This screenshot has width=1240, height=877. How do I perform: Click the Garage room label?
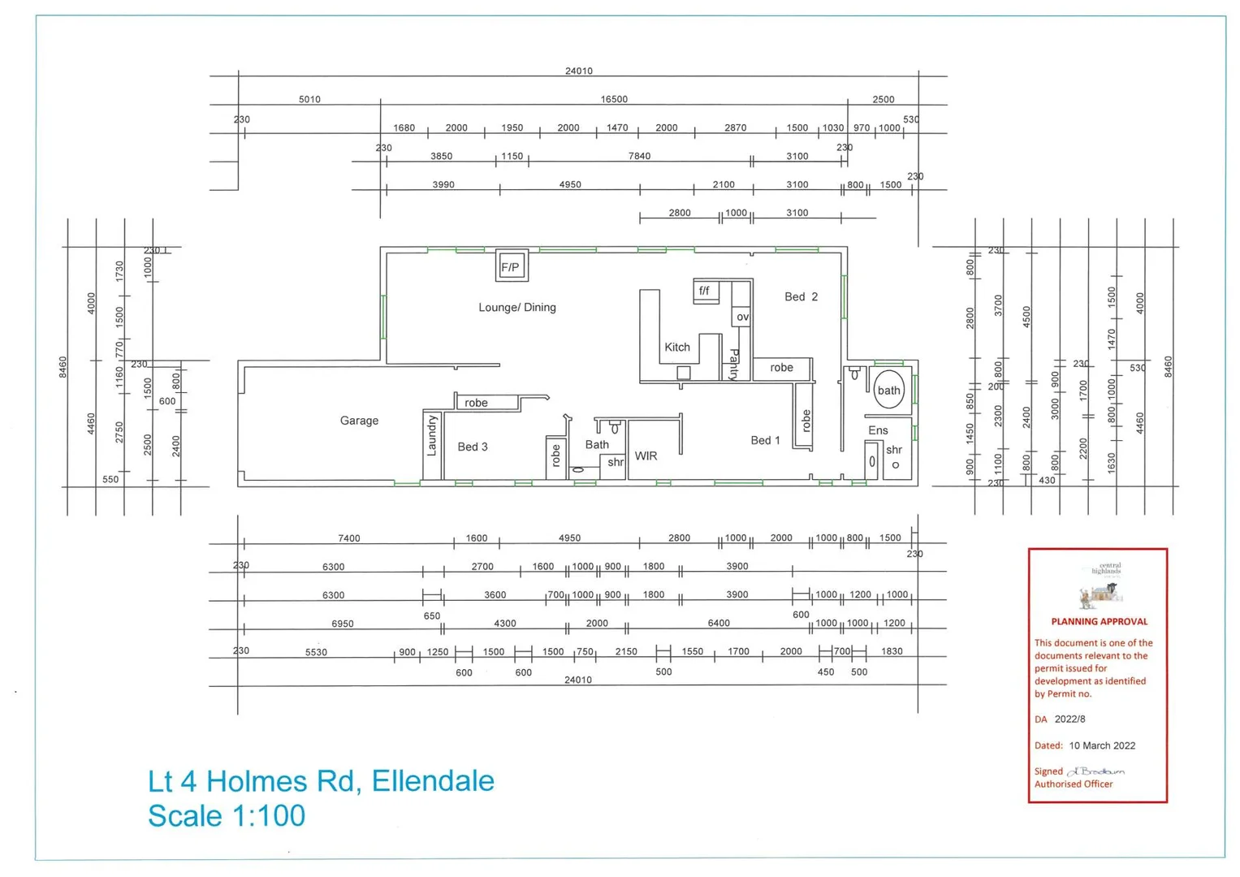(359, 421)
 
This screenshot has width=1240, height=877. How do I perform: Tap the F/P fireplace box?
(512, 266)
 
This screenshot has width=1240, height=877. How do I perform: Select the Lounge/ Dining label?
(517, 308)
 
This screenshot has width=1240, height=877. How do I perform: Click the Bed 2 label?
(801, 297)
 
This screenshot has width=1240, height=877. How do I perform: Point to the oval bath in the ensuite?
(889, 390)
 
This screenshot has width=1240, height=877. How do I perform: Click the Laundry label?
(432, 436)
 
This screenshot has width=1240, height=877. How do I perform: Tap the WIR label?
(646, 456)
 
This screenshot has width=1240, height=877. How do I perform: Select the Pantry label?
(734, 365)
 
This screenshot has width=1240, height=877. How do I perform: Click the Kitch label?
(677, 348)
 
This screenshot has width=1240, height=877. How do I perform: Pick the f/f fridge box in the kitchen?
(705, 291)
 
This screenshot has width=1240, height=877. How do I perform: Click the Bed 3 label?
(473, 447)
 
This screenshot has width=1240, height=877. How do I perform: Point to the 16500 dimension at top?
(614, 99)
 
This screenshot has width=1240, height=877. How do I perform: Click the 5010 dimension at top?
(309, 99)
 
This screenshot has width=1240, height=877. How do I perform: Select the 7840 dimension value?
(639, 156)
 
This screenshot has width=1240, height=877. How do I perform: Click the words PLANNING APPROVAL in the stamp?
(1099, 622)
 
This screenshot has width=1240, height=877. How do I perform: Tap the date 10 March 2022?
(1102, 745)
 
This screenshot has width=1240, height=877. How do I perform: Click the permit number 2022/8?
(1069, 719)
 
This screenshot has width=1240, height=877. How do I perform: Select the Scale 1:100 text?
(227, 816)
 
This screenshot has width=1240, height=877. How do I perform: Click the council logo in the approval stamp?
(1100, 585)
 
